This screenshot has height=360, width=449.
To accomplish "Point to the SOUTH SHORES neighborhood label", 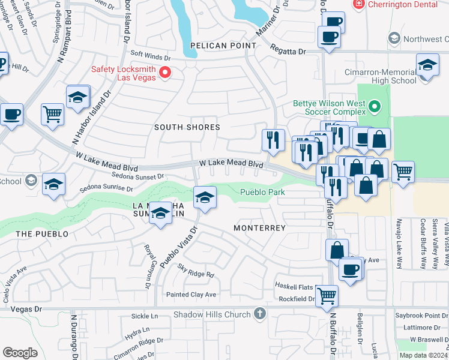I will tap(187, 127).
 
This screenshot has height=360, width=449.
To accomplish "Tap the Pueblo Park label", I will tap(262, 193).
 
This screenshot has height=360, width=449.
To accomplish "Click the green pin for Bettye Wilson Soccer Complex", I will tap(375, 108).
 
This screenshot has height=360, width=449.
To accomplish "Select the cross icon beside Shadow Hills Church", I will tap(259, 313).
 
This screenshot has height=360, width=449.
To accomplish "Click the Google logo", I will tap(20, 353).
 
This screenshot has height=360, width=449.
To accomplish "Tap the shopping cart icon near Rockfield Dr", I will tap(327, 295).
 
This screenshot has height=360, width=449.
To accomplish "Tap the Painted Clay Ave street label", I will tap(191, 295).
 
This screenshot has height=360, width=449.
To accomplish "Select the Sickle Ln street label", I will tap(143, 316).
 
